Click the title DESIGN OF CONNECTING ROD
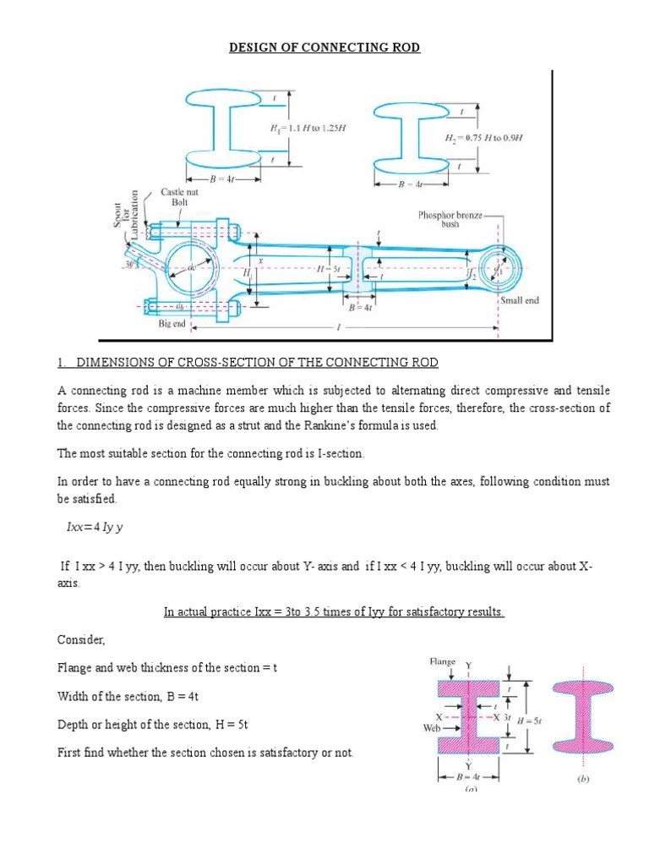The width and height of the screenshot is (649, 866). tap(324, 47)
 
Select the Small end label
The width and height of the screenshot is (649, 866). tap(520, 300)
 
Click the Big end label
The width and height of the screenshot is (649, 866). tap(171, 323)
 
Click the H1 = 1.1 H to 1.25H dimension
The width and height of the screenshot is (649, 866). tap(308, 129)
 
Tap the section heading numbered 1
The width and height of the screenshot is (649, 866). tap(248, 363)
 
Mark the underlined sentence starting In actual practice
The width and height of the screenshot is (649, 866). tap(334, 611)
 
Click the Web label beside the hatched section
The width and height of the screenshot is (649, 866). tap(430, 726)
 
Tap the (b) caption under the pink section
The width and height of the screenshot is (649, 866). tap(583, 781)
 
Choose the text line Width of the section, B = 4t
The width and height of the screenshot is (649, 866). tap(128, 696)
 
